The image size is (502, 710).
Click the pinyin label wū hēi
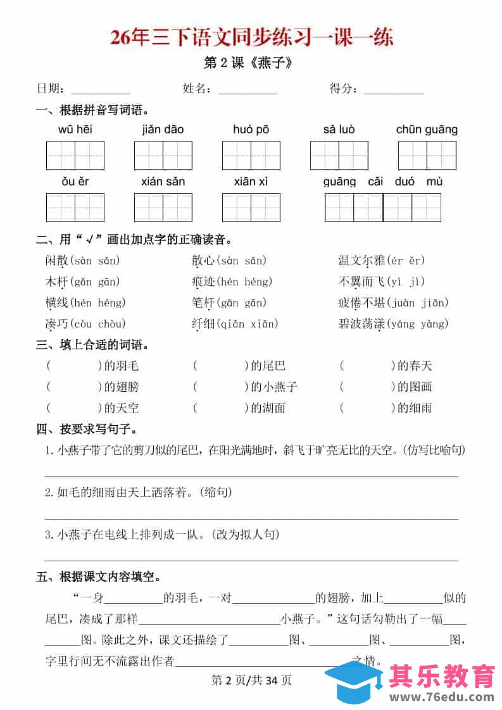(x=75, y=130)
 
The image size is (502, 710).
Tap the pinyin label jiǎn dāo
(x=163, y=130)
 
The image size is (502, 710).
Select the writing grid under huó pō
(x=251, y=155)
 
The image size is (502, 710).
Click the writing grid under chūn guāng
(x=427, y=155)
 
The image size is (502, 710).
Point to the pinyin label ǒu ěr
(x=75, y=182)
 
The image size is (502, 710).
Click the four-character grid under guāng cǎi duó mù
(x=382, y=207)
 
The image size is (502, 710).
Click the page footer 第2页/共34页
(x=251, y=681)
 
